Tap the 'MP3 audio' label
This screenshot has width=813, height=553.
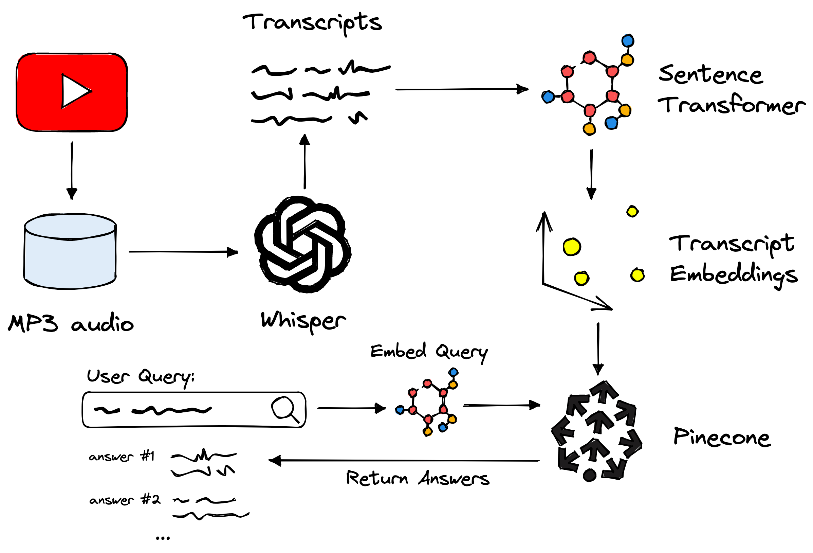[x=71, y=323]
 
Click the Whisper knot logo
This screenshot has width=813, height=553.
[x=303, y=245]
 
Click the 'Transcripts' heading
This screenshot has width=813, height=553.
[x=312, y=23]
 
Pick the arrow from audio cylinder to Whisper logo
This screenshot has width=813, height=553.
[x=183, y=252]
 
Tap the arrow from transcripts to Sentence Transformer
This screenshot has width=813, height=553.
[x=462, y=90]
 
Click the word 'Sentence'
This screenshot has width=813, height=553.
[x=710, y=75]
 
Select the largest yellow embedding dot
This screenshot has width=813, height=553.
[x=572, y=247]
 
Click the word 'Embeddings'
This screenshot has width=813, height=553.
[x=734, y=275]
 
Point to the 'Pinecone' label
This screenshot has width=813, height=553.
[x=722, y=437]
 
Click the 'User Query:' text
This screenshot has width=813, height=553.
[x=141, y=377]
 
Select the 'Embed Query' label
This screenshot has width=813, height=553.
[x=429, y=352]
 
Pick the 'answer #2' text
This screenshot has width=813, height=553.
[x=125, y=500]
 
